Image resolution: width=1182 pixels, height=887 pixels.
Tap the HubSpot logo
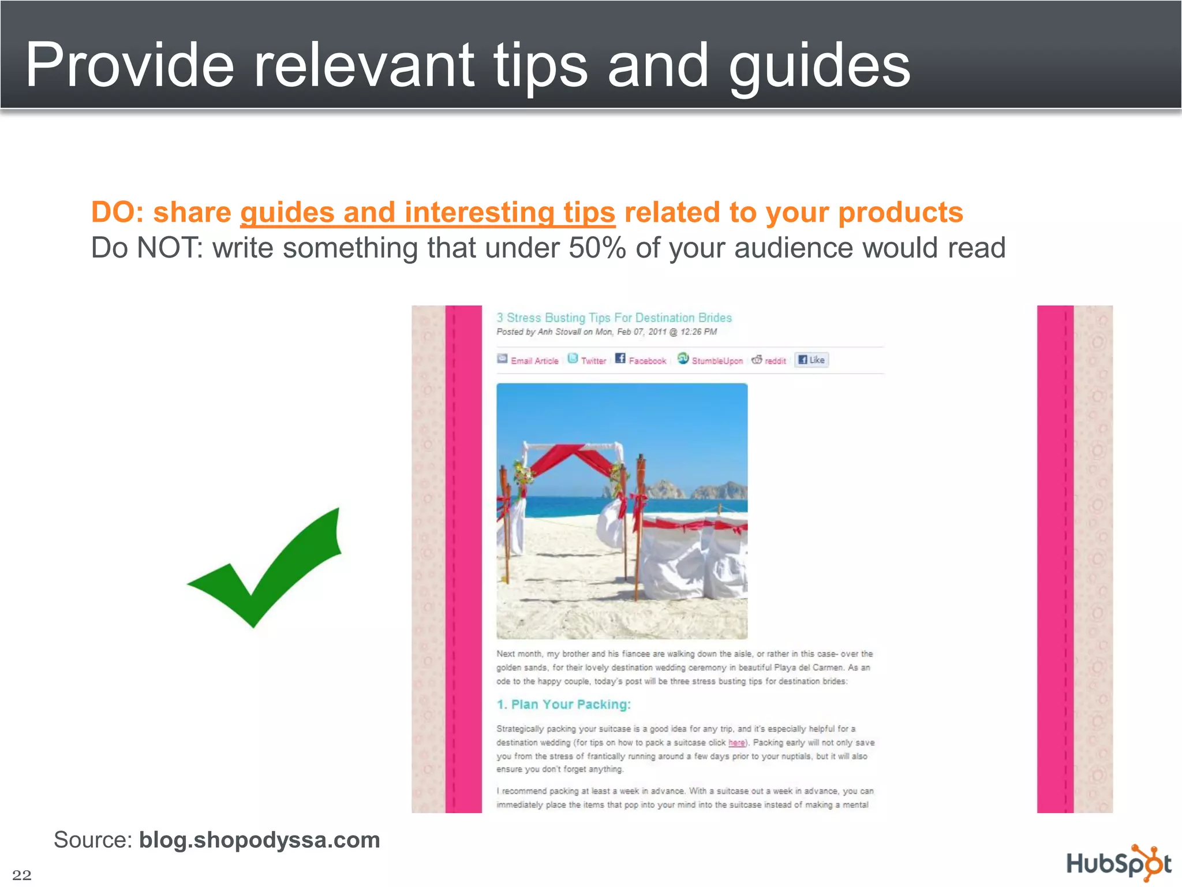(x=1119, y=863)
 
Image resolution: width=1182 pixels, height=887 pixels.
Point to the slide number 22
(x=22, y=874)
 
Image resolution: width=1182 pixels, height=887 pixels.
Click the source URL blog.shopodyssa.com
(x=259, y=840)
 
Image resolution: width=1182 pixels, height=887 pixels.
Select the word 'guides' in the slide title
(x=819, y=66)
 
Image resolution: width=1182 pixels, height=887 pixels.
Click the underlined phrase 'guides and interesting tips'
(x=428, y=212)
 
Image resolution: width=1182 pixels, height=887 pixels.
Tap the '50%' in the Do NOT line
(x=597, y=248)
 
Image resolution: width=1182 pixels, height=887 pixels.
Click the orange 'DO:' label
(x=118, y=212)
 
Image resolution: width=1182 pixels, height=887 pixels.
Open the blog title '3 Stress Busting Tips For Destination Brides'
(x=614, y=318)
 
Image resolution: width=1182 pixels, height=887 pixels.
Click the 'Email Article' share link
(x=534, y=361)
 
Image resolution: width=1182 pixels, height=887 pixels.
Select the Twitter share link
(x=593, y=361)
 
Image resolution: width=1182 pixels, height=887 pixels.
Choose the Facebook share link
(x=647, y=361)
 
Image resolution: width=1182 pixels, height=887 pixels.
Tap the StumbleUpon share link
(x=717, y=361)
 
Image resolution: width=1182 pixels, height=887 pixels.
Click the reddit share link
(x=775, y=361)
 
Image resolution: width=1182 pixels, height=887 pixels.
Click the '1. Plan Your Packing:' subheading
(x=563, y=705)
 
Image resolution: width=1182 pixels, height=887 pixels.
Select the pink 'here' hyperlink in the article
(x=736, y=743)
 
